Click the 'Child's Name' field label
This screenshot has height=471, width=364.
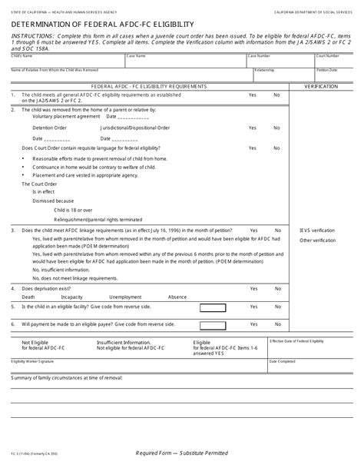tap(22, 56)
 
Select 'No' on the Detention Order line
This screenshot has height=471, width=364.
tap(276, 128)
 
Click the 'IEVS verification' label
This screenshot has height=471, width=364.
tap(316, 231)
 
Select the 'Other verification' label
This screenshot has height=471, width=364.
tap(317, 240)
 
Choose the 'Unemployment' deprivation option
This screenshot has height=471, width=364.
tap(124, 297)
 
